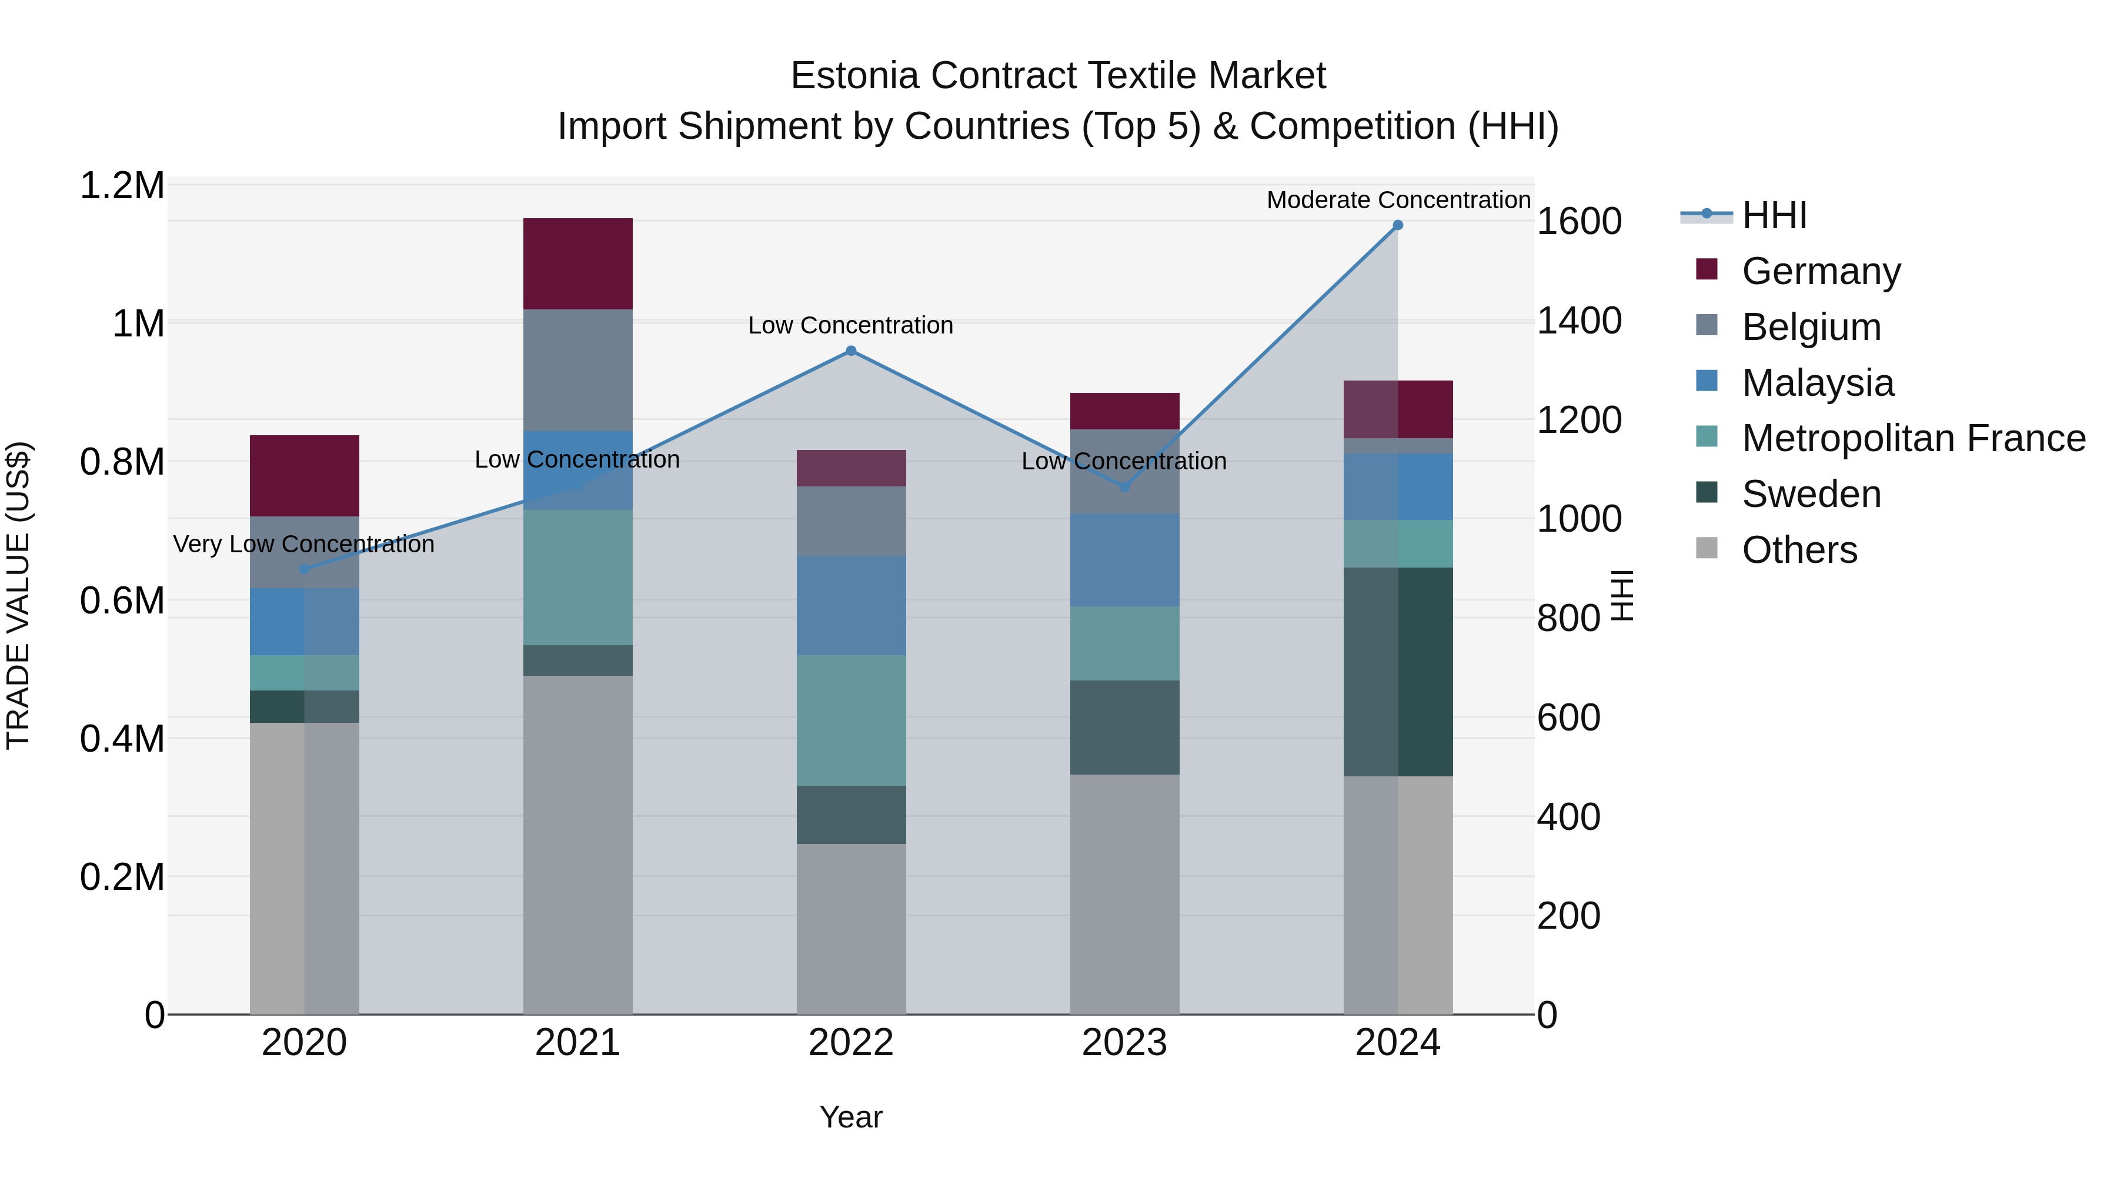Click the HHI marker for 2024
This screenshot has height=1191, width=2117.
[1398, 225]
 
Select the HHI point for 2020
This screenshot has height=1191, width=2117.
[304, 569]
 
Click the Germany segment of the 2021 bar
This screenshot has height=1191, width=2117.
[577, 264]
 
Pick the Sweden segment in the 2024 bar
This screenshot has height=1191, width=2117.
[1398, 672]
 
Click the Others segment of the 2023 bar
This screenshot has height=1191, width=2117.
[1124, 894]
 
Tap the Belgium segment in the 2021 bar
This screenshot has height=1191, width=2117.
[577, 370]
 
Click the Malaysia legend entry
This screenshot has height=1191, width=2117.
[1818, 383]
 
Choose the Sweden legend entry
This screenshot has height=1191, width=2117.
[1811, 495]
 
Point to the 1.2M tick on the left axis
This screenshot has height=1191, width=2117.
[122, 186]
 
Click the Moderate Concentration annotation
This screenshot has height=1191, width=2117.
[1398, 200]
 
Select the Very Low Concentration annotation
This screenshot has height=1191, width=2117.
[304, 544]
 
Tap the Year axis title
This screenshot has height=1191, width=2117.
[850, 1117]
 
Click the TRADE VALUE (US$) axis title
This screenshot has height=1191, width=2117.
[18, 595]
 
